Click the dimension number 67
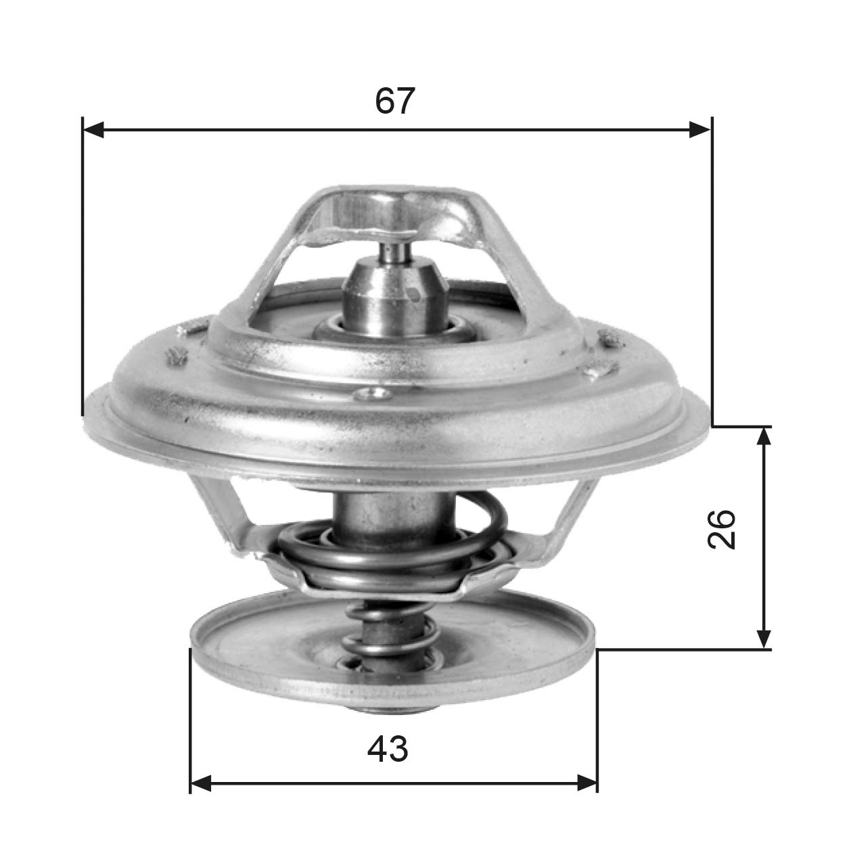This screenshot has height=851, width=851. point(394,101)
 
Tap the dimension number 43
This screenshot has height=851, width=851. point(388,750)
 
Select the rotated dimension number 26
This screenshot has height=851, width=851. point(721,530)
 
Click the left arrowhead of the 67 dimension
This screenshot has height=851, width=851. point(93,130)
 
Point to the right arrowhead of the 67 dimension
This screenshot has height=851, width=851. point(699,130)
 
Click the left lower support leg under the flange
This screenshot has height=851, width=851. point(223,517)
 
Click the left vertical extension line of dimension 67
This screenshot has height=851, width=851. point(82,271)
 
